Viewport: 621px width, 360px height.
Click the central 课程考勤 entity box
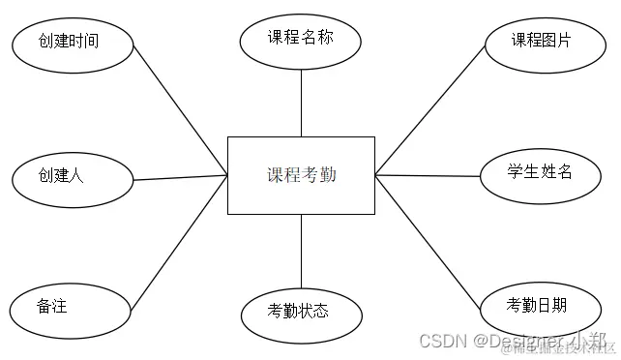[301, 175]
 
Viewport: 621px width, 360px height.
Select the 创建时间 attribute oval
[70, 41]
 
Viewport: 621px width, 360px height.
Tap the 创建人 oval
[70, 177]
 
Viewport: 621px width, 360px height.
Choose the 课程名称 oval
[301, 40]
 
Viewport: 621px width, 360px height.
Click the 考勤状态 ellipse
[301, 312]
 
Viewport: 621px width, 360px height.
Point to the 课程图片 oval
[542, 41]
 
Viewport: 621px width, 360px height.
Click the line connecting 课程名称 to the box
[301, 102]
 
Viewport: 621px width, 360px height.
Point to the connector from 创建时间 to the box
[179, 108]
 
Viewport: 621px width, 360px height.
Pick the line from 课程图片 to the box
[430, 108]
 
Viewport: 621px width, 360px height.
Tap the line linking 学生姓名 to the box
[428, 175]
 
